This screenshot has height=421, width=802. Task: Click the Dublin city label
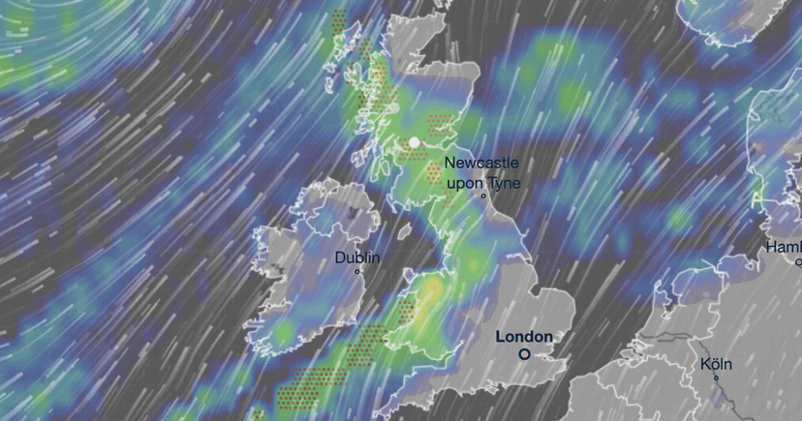tap(357, 258)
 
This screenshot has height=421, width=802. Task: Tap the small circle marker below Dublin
tap(357, 272)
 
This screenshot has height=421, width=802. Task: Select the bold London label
tap(524, 337)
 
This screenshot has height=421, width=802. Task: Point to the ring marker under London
tap(524, 354)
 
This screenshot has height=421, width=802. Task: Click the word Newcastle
tap(481, 164)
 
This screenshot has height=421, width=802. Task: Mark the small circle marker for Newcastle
tap(482, 196)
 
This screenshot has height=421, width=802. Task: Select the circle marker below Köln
tap(717, 378)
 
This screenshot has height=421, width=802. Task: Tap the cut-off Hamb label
tap(784, 247)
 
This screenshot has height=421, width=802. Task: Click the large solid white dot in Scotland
tap(415, 142)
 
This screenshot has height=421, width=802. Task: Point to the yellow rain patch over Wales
tap(430, 289)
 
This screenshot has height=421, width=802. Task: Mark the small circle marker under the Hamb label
tap(798, 262)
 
